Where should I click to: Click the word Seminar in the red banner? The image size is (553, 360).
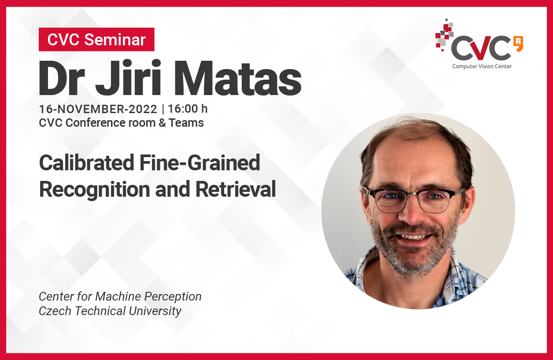(x=115, y=40)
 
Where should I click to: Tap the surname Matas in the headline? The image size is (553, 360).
(x=238, y=78)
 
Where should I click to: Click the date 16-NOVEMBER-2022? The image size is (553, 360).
(x=98, y=109)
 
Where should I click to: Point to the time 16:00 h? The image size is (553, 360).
(x=188, y=109)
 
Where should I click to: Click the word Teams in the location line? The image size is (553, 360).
(x=186, y=123)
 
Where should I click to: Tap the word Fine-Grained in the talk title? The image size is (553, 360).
(x=200, y=163)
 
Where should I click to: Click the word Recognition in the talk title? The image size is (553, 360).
(x=95, y=190)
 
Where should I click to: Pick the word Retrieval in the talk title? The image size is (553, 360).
(x=236, y=189)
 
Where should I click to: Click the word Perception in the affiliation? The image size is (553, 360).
(x=173, y=297)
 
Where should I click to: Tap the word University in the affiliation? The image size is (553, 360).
(x=155, y=311)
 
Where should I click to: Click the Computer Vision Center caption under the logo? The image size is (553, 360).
(x=482, y=66)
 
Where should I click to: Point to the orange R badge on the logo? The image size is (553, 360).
(x=518, y=44)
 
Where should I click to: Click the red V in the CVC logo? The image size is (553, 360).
(x=481, y=48)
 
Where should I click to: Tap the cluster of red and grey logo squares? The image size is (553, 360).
(x=444, y=34)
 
